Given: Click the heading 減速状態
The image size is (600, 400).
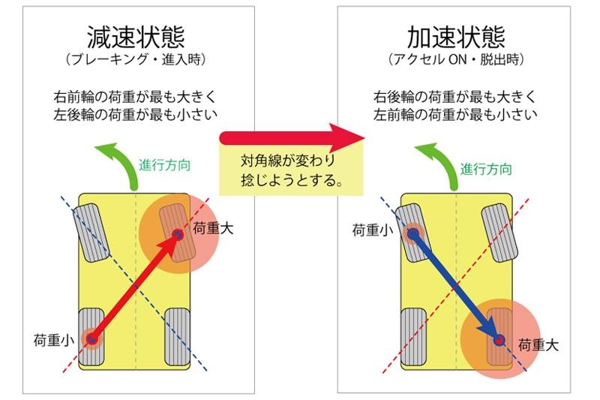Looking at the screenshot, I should [136, 37].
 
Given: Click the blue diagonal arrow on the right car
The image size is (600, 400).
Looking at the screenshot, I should [453, 285].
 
